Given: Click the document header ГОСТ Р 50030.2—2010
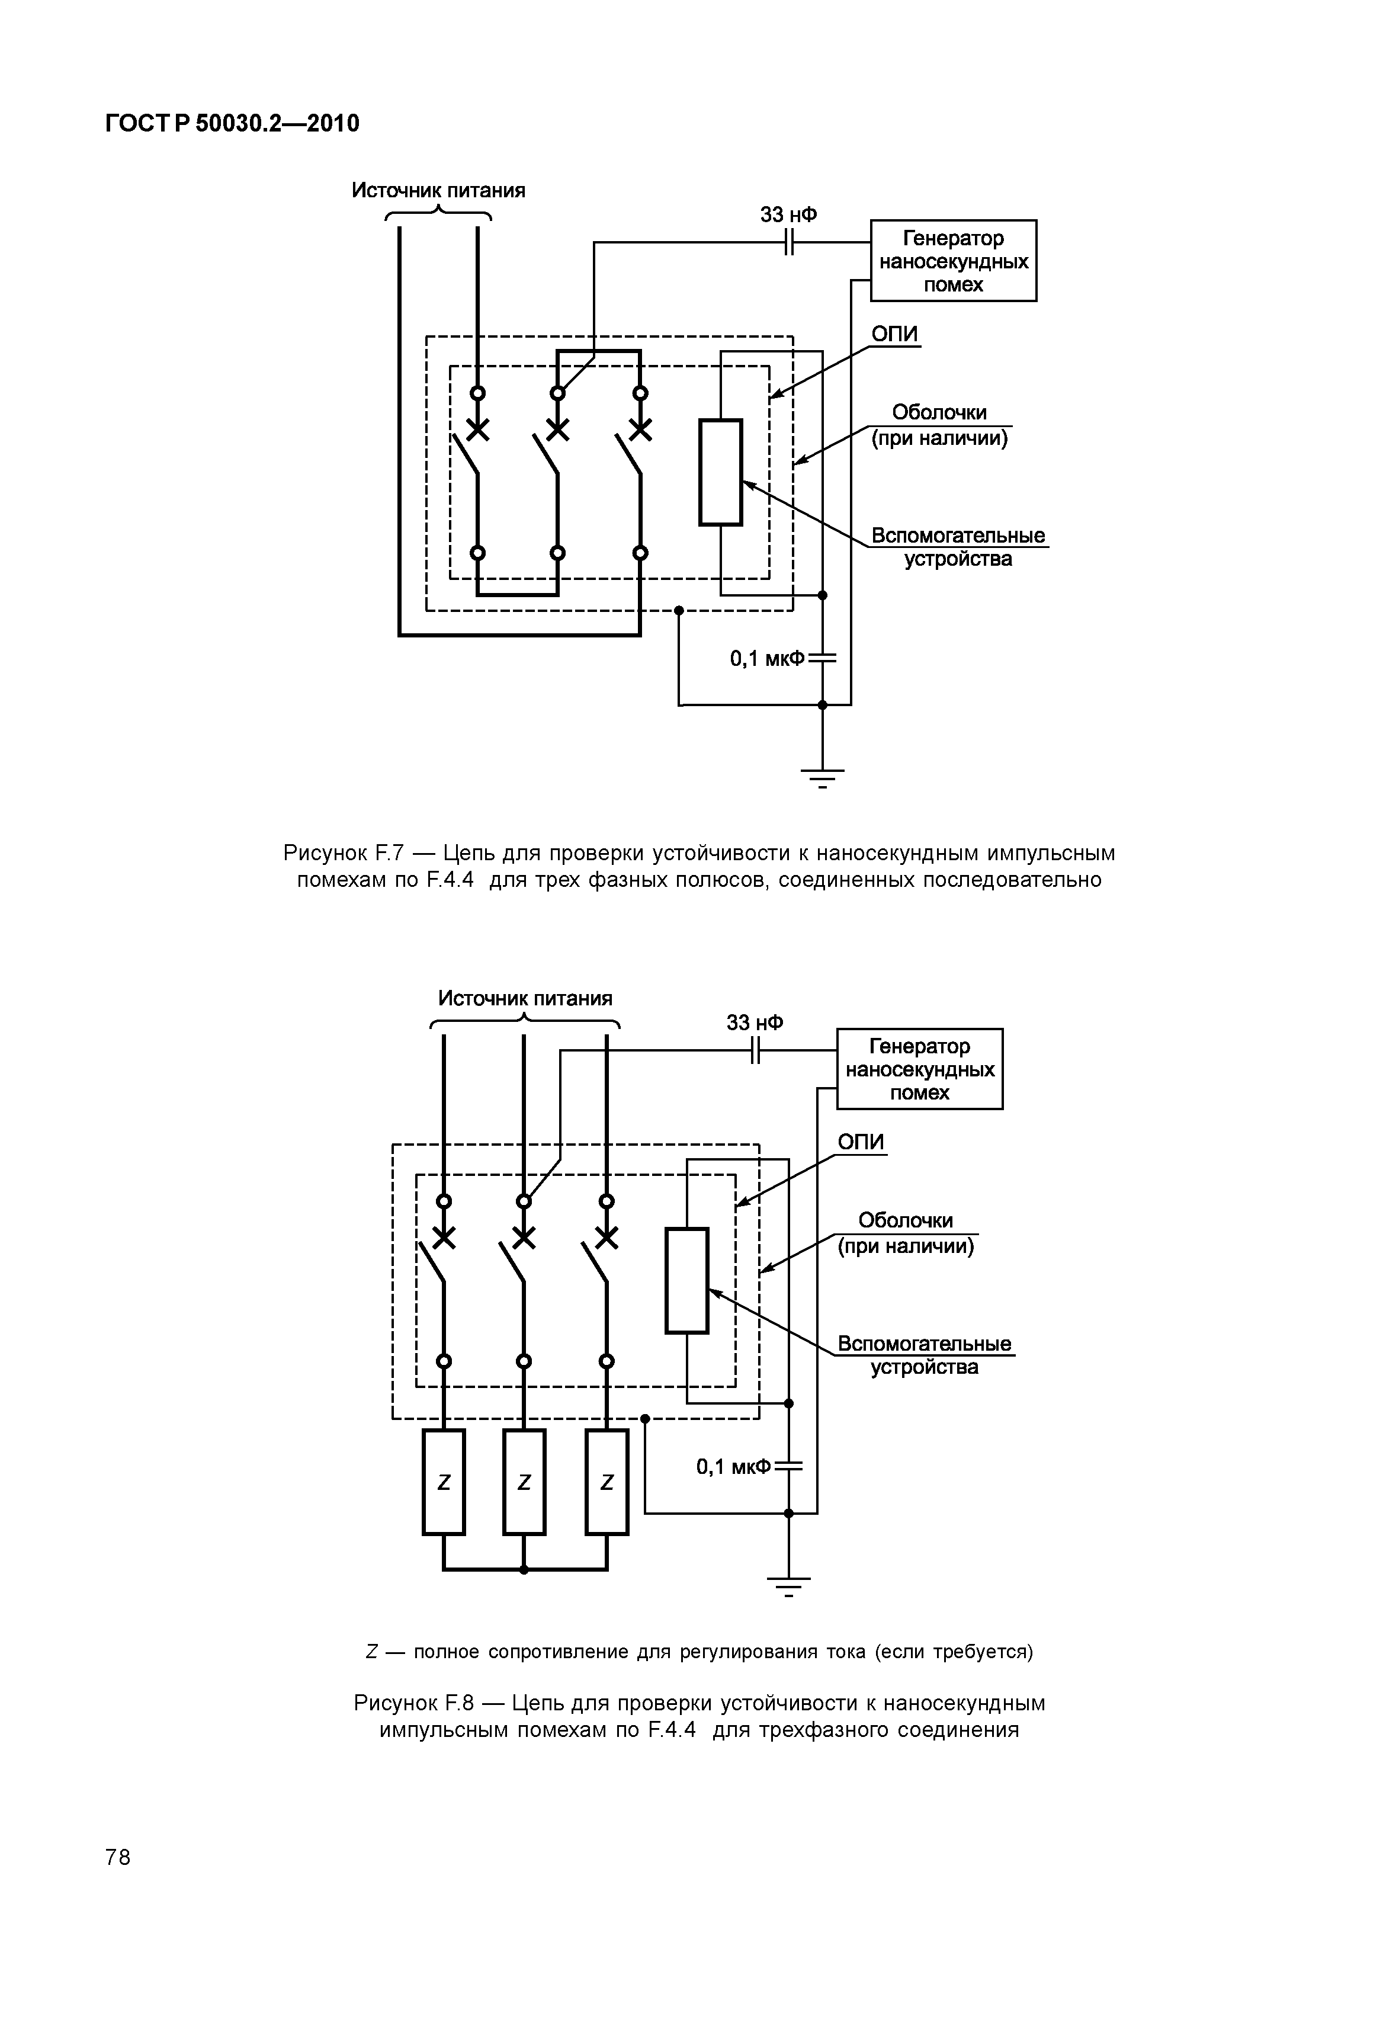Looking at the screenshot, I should pos(232,124).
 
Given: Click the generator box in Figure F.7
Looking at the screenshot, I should pos(953,261).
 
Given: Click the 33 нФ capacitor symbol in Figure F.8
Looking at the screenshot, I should pos(756,1050).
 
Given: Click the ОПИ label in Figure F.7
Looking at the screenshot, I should pos(894,334).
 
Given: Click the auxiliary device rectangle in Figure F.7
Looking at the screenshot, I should pos(721,473).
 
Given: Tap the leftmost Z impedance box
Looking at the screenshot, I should pos(444,1482).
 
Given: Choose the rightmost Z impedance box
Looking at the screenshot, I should pos(607,1482).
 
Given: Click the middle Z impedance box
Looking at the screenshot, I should pos(524,1482).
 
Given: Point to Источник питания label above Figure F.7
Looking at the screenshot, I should pos(438,190).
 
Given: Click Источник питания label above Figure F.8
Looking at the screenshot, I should pos(525,998).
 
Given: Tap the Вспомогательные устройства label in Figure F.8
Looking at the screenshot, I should pos(924,1355).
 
